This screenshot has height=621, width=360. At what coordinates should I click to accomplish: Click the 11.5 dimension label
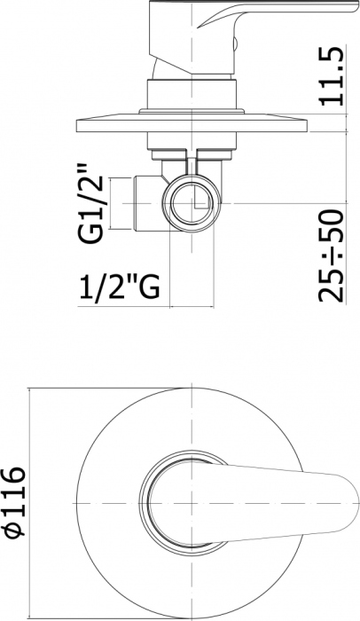[x=331, y=76]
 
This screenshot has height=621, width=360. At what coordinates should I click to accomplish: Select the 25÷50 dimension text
[x=331, y=255]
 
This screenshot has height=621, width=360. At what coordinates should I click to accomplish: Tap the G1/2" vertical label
[x=90, y=203]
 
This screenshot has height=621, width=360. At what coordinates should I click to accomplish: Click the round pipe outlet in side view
[x=192, y=203]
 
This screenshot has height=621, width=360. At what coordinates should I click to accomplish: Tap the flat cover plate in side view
[x=192, y=124]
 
